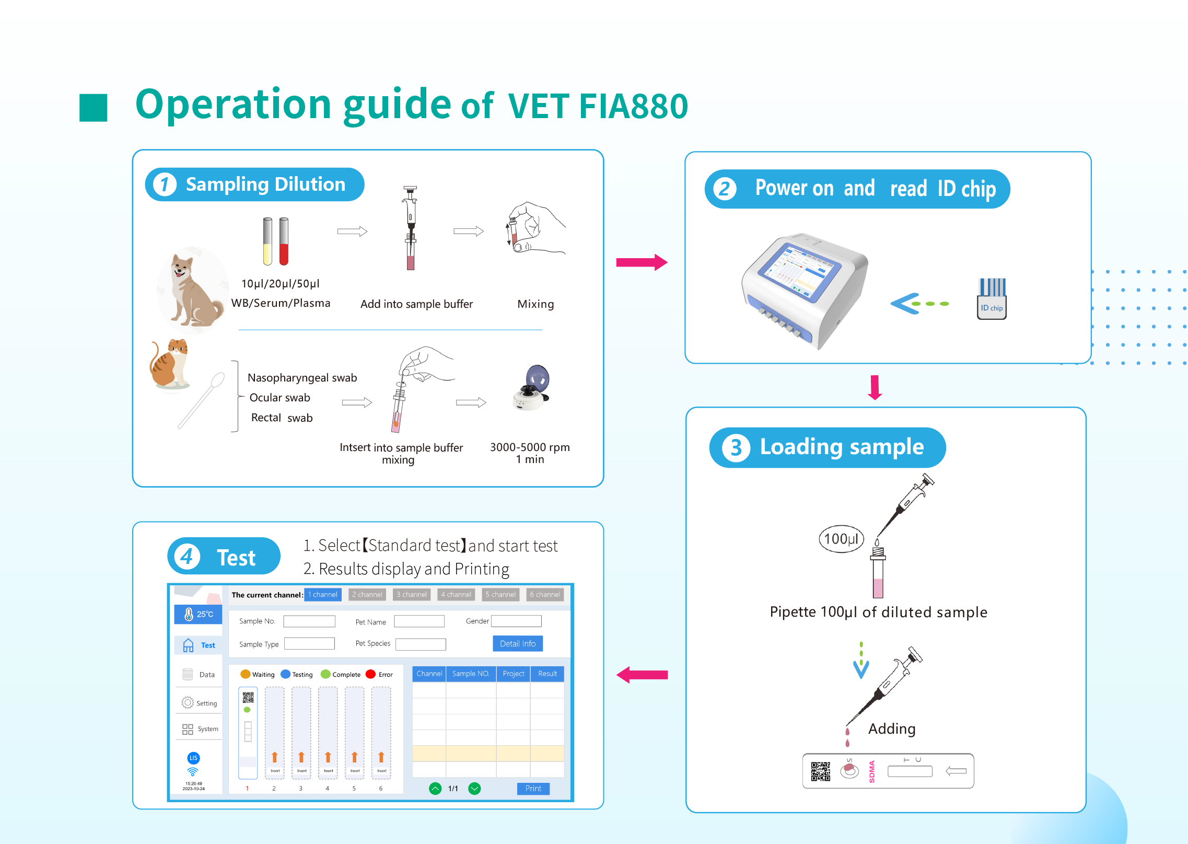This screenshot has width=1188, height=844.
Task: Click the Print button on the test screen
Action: tap(533, 788)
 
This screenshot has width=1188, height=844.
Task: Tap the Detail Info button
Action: tap(517, 643)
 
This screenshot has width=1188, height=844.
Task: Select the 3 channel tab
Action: tap(412, 594)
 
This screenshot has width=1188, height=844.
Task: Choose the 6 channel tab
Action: tap(544, 594)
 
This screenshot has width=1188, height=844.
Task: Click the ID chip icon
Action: tap(991, 298)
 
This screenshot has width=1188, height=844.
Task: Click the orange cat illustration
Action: tap(170, 363)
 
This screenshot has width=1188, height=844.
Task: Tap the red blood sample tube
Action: tap(284, 241)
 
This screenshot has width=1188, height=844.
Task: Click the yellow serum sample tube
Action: tap(267, 241)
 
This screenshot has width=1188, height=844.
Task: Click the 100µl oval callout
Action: tap(841, 539)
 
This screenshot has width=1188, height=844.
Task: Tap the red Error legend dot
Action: tap(371, 674)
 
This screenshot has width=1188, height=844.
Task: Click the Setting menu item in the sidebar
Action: tap(199, 703)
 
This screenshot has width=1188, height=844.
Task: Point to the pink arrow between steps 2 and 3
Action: tap(875, 387)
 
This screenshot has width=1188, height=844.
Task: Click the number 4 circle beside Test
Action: tap(187, 557)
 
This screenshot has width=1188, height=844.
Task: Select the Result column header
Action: tap(547, 674)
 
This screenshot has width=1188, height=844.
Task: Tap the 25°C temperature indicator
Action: tap(199, 614)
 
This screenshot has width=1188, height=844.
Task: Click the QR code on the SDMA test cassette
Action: tap(820, 771)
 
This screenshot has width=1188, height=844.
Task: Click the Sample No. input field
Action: tap(309, 621)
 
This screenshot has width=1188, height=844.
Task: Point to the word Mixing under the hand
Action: tap(535, 304)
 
